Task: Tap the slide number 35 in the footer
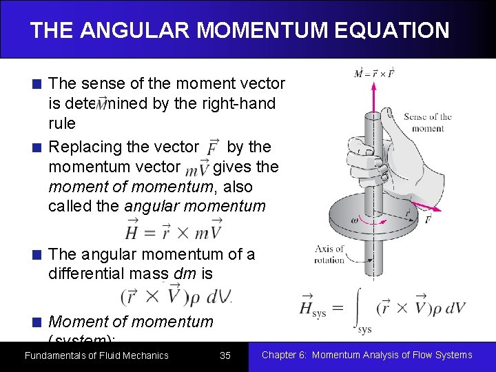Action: [x=225, y=355]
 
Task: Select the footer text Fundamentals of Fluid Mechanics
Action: [x=96, y=355]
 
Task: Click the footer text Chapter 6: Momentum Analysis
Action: [x=367, y=355]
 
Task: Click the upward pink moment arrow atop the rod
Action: [x=374, y=96]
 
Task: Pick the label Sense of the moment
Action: [x=427, y=123]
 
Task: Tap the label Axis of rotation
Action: [x=329, y=254]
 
